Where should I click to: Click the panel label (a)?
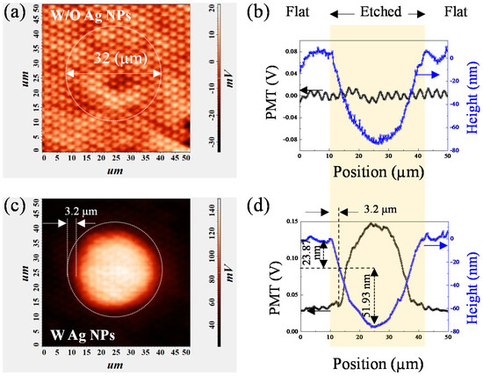pyautogui.click(x=11, y=13)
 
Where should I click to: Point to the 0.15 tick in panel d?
pyautogui.click(x=288, y=221)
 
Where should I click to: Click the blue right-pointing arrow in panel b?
pyautogui.click(x=430, y=76)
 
